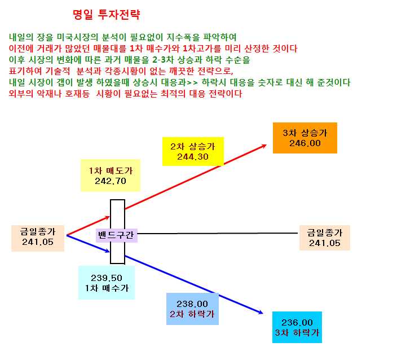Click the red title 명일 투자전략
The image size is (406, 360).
(x=107, y=15)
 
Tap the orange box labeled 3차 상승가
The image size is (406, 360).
(x=305, y=138)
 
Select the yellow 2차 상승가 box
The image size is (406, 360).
(x=193, y=151)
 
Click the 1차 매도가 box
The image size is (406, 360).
(x=111, y=175)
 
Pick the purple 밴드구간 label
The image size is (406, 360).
(x=117, y=235)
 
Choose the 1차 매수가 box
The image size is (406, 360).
(x=107, y=283)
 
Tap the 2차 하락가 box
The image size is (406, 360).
(x=192, y=309)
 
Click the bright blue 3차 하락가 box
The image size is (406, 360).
(x=297, y=327)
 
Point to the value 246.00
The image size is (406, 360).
(x=305, y=143)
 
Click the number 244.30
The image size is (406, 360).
(x=193, y=157)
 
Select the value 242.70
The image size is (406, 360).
(x=111, y=181)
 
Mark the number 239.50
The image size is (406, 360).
(x=107, y=278)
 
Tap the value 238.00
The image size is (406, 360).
(x=192, y=304)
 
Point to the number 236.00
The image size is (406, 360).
(x=297, y=322)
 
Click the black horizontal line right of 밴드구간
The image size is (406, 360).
(x=218, y=233)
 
